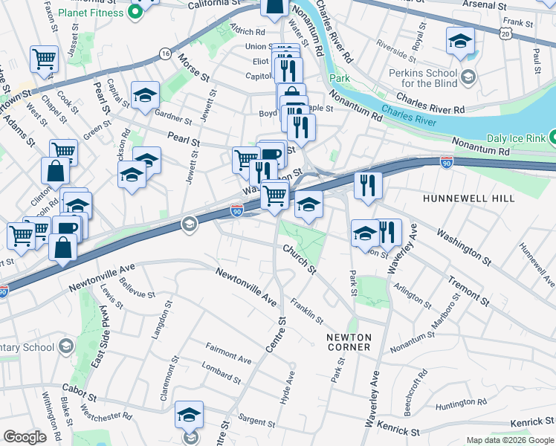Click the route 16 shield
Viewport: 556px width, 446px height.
pos(164,54)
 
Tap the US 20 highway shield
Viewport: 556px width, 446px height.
pos(507,33)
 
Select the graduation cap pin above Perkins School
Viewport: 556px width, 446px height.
pos(460,42)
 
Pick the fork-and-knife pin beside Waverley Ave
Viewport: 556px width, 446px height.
pos(388,232)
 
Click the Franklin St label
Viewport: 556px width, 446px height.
pos(306,310)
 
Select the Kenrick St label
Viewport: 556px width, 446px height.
pos(399,430)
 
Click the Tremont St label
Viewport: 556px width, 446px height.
pos(468,291)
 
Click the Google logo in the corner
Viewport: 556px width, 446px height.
pos(25,436)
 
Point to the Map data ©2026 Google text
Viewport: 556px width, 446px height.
pos(509,440)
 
